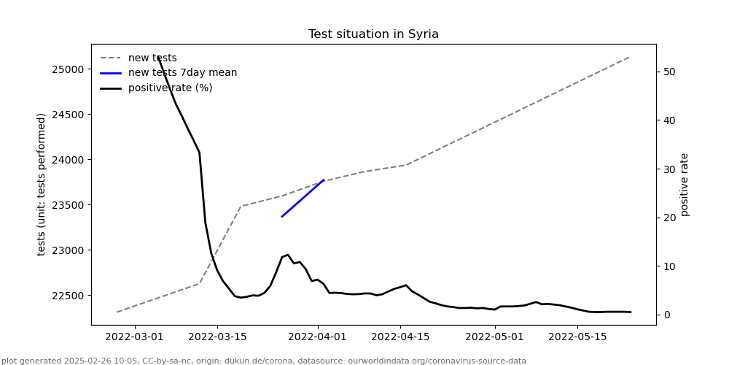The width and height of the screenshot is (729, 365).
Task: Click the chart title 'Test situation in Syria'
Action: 373,34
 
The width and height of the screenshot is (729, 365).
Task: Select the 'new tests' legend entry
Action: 152,58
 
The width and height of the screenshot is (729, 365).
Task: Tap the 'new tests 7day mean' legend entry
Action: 182,73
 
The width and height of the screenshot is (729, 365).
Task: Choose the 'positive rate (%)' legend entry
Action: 170,88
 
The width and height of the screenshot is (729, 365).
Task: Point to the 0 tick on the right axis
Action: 665,315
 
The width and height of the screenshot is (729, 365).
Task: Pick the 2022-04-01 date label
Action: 317,337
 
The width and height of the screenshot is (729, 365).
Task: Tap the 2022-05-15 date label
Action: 577,337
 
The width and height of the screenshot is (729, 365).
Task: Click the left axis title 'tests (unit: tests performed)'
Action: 42,184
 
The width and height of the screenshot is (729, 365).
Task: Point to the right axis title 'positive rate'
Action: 685,184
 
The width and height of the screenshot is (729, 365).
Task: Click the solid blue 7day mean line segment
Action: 303,198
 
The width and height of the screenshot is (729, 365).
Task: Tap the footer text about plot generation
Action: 264,361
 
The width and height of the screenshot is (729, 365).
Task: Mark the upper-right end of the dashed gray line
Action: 629,56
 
